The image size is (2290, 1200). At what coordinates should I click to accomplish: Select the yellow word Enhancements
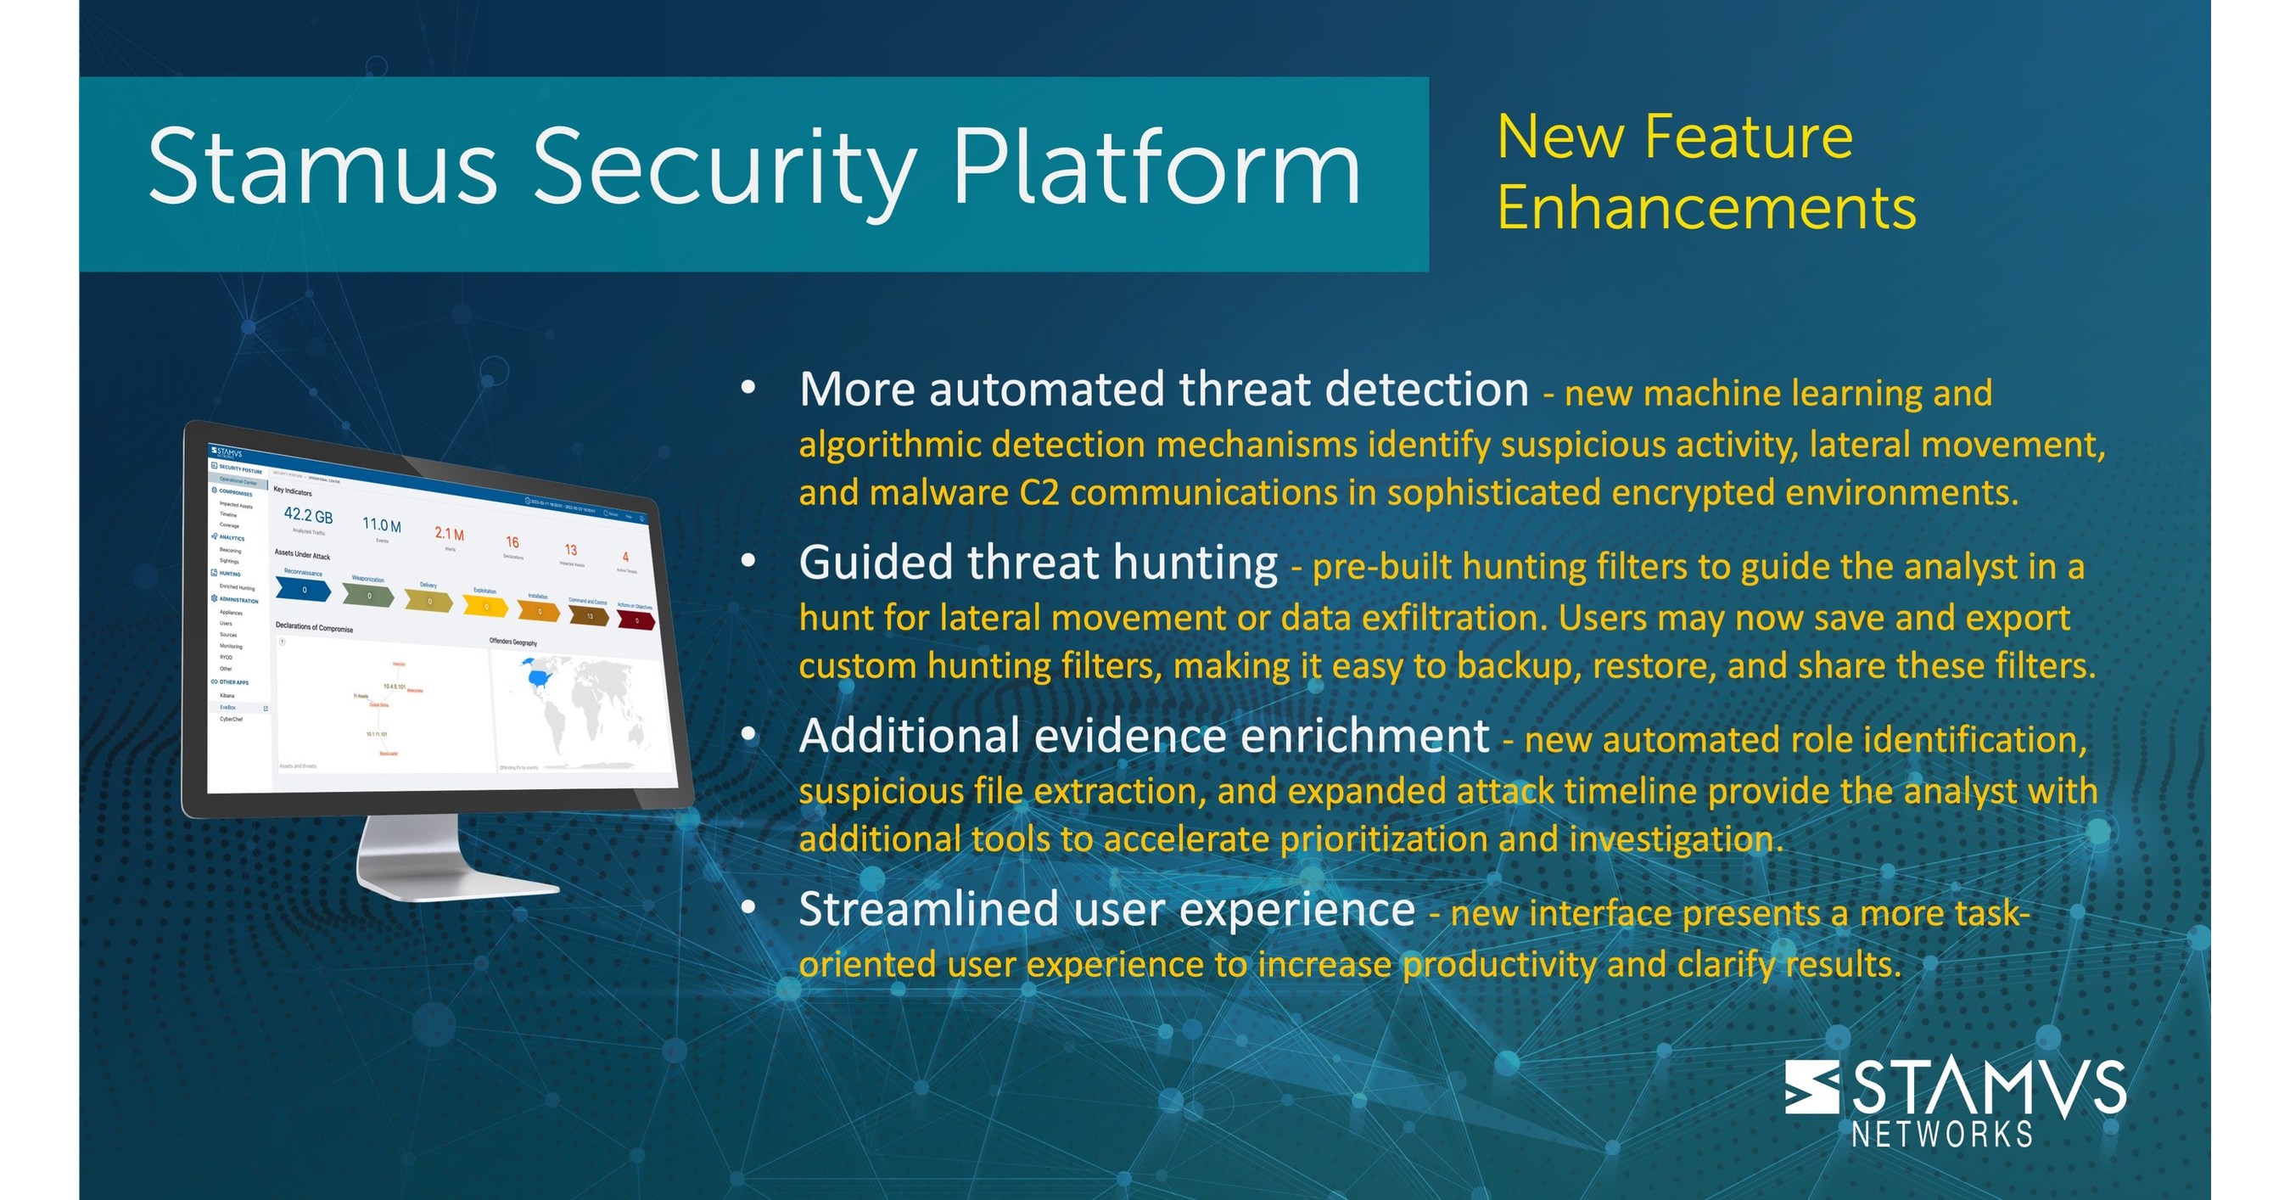(1706, 208)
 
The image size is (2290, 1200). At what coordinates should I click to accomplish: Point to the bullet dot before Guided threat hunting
(748, 560)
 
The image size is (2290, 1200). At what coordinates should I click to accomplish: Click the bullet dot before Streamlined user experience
(748, 906)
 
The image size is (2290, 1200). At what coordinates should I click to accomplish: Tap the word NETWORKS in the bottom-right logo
(1942, 1134)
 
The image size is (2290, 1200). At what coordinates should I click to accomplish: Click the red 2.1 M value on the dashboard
(449, 533)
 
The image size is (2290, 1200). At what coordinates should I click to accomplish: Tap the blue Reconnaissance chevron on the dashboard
(303, 589)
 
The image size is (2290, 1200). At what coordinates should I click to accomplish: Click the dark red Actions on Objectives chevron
(635, 620)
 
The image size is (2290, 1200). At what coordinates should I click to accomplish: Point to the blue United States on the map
(539, 677)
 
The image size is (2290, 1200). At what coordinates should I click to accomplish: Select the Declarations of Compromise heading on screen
(314, 626)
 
